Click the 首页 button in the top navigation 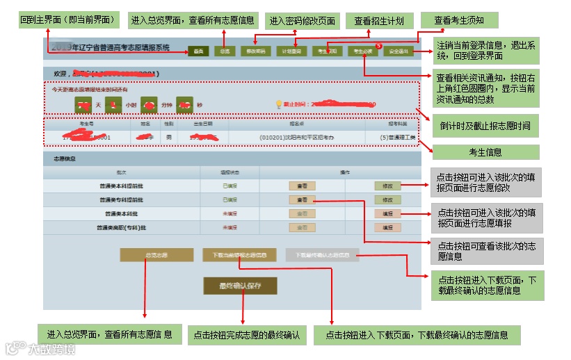[x=198, y=51]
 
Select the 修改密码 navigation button [x=255, y=51]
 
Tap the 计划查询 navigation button [x=291, y=51]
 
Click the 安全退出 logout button [x=399, y=51]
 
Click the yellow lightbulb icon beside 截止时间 [x=279, y=104]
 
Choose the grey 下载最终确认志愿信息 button [x=322, y=255]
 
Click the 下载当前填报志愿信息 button [x=239, y=255]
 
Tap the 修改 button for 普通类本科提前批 [x=387, y=186]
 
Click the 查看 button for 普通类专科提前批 [x=302, y=200]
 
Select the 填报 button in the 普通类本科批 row [x=387, y=214]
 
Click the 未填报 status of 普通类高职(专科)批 [x=230, y=227]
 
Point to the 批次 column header [x=122, y=172]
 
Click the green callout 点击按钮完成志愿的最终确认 [x=247, y=336]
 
